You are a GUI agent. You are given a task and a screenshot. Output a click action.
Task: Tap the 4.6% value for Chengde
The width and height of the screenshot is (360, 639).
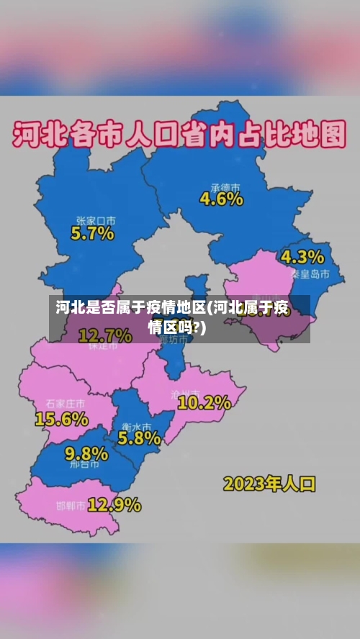pyautogui.click(x=221, y=199)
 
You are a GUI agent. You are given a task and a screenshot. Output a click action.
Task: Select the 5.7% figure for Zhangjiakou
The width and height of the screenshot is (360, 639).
pyautogui.click(x=92, y=232)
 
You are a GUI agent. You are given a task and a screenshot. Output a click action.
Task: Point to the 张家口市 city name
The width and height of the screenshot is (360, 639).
pyautogui.click(x=96, y=220)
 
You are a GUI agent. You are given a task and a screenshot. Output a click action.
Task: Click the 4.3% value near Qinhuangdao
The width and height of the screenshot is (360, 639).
pyautogui.click(x=302, y=257)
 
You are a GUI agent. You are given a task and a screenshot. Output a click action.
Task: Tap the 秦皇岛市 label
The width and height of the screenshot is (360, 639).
pyautogui.click(x=310, y=274)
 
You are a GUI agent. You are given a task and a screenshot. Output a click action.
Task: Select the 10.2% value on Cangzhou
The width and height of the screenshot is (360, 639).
pyautogui.click(x=204, y=402)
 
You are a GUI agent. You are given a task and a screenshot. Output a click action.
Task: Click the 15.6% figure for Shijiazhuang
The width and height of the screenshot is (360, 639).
pyautogui.click(x=62, y=419)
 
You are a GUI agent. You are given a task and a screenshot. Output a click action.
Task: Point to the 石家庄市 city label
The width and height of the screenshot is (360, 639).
pyautogui.click(x=65, y=404)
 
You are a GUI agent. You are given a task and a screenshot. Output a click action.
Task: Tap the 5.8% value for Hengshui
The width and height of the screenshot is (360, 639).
pyautogui.click(x=139, y=438)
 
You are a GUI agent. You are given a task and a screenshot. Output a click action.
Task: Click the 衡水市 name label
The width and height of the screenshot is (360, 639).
pyautogui.click(x=136, y=425)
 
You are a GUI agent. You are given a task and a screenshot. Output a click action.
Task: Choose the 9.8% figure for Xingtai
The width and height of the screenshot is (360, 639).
pyautogui.click(x=86, y=453)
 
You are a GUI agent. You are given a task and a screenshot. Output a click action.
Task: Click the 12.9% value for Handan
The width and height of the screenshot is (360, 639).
pyautogui.click(x=114, y=504)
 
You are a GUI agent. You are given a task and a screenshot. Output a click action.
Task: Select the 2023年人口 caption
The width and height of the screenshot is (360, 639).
pyautogui.click(x=269, y=483)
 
